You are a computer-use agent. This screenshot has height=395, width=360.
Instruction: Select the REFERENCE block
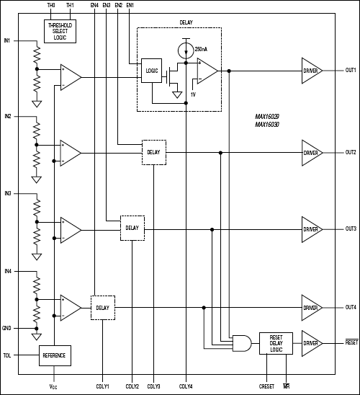point(55,355)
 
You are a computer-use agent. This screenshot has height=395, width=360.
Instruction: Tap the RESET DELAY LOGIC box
point(281,344)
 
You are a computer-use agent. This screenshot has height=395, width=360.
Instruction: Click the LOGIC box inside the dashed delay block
point(152,71)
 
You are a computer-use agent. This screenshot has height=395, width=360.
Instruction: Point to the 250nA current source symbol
point(186,50)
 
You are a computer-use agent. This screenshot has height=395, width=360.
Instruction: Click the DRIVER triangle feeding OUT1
point(311,71)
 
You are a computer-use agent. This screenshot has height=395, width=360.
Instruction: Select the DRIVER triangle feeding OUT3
point(311,229)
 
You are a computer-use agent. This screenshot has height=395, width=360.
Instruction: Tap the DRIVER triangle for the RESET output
point(311,344)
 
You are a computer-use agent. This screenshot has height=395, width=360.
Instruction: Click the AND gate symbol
point(243,344)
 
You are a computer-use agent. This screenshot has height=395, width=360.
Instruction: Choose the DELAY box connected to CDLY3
point(153,152)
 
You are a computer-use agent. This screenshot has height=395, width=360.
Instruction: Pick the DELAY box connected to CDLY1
point(102,309)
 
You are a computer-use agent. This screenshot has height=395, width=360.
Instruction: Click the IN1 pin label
point(7,40)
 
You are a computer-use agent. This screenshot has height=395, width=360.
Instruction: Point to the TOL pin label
point(7,355)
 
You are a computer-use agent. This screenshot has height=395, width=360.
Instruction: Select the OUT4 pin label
point(351,308)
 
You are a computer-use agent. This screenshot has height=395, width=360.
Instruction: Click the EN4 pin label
point(94,6)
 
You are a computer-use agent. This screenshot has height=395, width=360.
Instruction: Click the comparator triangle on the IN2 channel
point(70,153)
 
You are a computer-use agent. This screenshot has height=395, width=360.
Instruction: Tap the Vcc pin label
point(54,386)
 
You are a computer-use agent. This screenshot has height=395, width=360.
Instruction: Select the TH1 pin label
point(69,6)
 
